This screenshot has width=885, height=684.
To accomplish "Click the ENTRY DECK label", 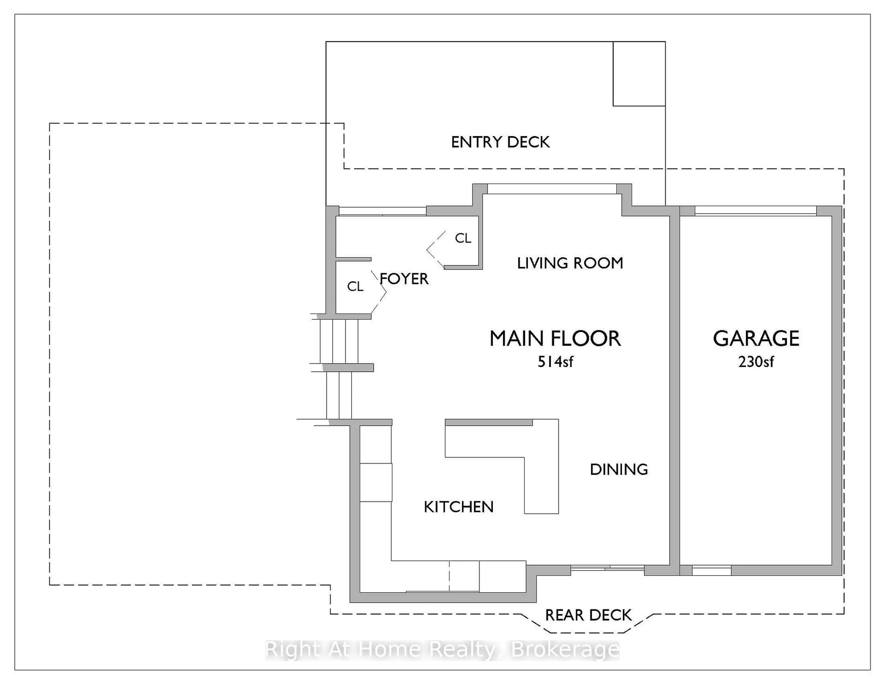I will click(x=500, y=142).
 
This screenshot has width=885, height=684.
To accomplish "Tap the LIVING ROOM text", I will click(x=570, y=263).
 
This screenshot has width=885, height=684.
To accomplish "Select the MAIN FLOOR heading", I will click(x=555, y=339).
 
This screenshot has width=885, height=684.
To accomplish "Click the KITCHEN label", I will click(x=458, y=507).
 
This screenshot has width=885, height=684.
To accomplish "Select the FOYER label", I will click(x=404, y=279).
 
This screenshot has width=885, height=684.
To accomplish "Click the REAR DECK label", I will click(x=588, y=615).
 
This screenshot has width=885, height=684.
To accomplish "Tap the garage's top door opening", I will click(x=755, y=211).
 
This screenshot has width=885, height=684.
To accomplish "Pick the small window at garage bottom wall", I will click(x=711, y=571).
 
